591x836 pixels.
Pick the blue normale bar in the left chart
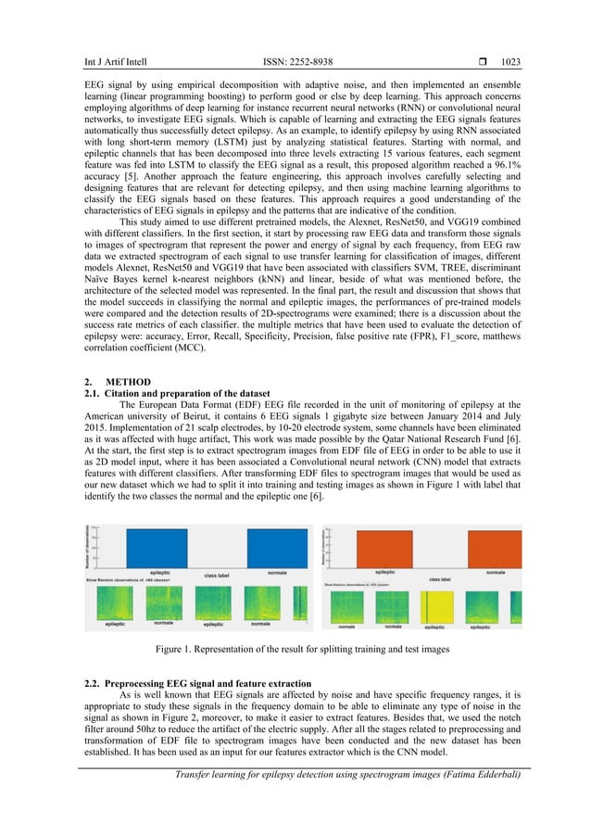tap(277, 548)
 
